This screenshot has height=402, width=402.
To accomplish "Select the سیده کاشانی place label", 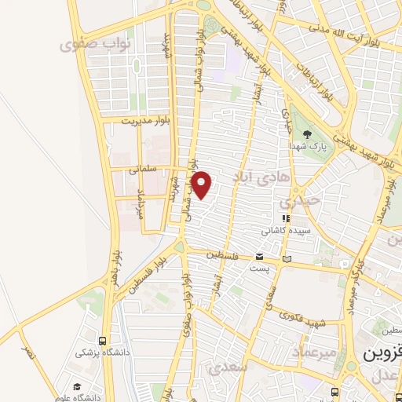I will click(283, 232).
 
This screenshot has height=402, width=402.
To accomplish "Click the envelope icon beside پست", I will click(260, 258).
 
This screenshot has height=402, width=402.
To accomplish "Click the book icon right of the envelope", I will click(287, 258).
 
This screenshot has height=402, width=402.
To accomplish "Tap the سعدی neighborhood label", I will click(229, 366).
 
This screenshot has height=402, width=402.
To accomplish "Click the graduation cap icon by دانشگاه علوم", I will click(77, 386).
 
